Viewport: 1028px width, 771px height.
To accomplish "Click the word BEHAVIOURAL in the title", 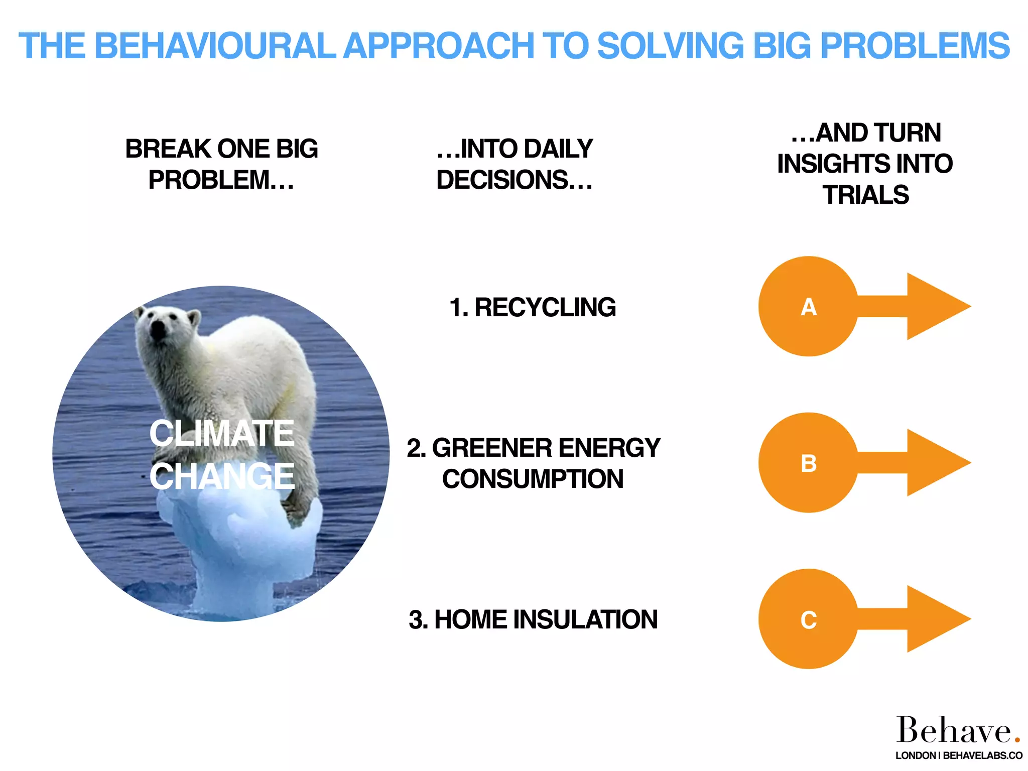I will (214, 46).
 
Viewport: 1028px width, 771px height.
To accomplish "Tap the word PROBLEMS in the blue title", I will (915, 46).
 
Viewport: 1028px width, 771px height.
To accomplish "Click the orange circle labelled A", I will (808, 307).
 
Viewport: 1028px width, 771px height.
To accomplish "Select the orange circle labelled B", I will (808, 463).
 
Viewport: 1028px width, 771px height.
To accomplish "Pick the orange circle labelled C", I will (808, 619).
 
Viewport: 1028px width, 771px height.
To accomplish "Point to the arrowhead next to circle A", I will (934, 307).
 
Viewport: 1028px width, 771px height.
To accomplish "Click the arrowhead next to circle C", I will (934, 619).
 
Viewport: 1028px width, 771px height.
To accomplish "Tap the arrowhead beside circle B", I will (934, 463).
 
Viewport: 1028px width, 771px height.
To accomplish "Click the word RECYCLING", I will (545, 308).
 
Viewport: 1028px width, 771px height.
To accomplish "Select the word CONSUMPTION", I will (533, 479).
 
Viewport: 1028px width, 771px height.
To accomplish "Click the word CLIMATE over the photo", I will (221, 433).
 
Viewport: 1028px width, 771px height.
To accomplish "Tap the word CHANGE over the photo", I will (221, 476).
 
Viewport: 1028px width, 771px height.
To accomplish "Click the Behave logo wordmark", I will (954, 730).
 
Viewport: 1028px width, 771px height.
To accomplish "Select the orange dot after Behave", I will (1017, 740).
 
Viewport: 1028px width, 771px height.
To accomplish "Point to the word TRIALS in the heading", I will (865, 195).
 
